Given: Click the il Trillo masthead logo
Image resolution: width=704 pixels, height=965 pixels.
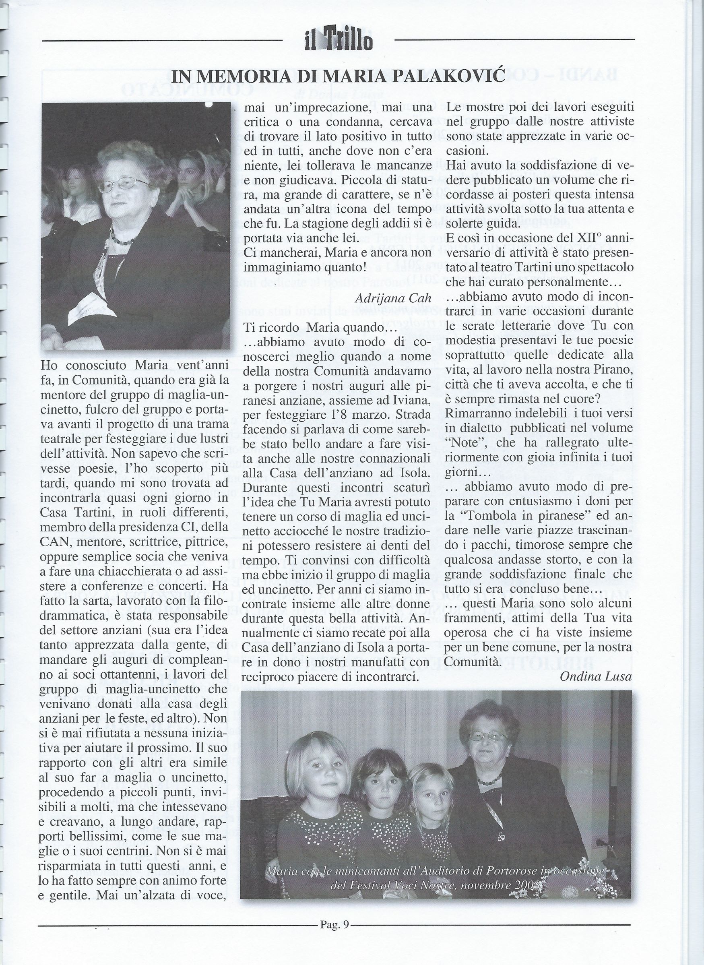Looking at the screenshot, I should tap(339, 42).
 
